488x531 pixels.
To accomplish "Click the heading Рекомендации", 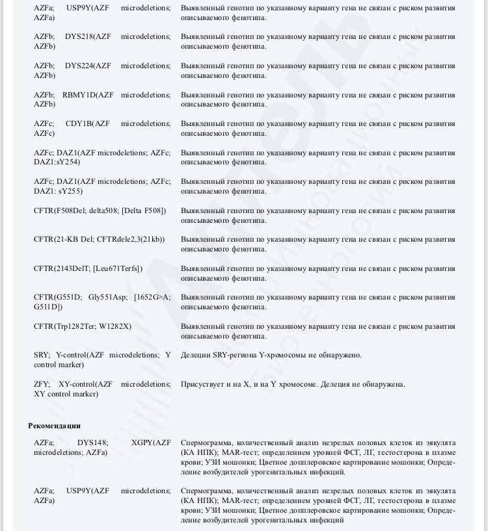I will [x=54, y=426].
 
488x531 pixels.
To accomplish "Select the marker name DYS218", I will [x=79, y=36].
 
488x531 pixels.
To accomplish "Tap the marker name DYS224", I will [x=79, y=66].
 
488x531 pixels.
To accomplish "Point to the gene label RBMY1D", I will [x=79, y=95].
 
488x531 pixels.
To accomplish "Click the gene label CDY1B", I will [x=79, y=123].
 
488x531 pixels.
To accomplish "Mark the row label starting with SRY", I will [x=41, y=355].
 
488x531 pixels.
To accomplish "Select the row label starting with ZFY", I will [x=42, y=384].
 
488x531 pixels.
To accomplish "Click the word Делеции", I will [x=195, y=355].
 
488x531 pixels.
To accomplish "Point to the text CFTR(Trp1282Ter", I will [x=64, y=326].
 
